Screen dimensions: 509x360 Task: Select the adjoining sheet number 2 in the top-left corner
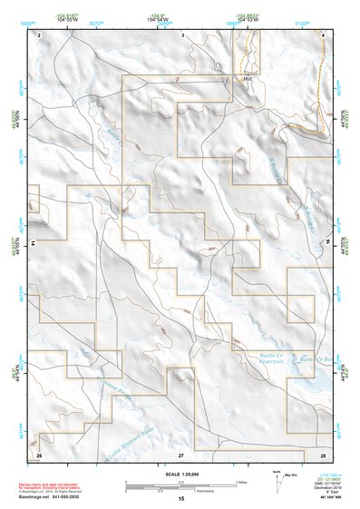[39, 34]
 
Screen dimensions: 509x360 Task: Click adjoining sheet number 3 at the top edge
[182, 34]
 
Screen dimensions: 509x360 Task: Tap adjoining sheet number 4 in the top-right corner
[323, 34]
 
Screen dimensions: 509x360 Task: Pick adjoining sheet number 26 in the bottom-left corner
[39, 453]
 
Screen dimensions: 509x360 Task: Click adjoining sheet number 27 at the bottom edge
[181, 453]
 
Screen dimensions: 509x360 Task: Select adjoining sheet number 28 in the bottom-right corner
[323, 453]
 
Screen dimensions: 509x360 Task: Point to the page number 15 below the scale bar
[181, 499]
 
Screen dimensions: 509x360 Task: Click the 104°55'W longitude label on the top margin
[64, 19]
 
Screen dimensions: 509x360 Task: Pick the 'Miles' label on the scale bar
[240, 482]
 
